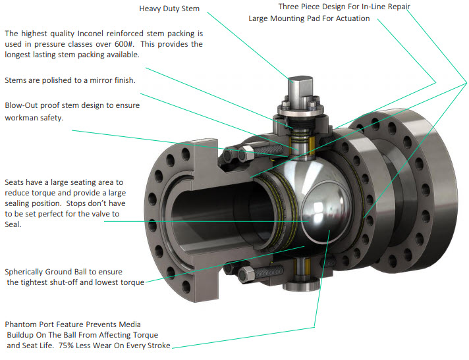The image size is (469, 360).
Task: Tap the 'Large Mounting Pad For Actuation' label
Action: click(308, 18)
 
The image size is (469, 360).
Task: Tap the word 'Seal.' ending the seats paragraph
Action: click(13, 224)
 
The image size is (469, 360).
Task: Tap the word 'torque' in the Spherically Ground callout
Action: click(130, 282)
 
